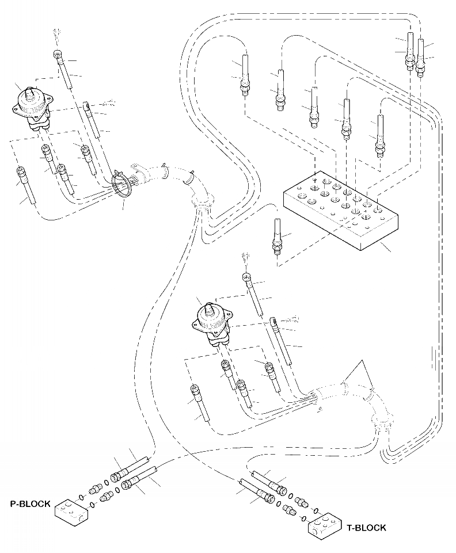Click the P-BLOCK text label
click(30, 504)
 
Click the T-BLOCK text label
click(366, 527)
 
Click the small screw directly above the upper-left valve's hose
click(58, 34)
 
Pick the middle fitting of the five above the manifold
click(314, 106)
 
